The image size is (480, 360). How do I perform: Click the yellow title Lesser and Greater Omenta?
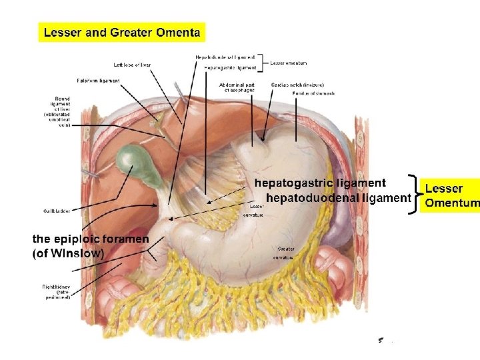[122, 32]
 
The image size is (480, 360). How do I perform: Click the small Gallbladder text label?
[56, 211]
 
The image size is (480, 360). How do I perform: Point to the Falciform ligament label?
[99, 81]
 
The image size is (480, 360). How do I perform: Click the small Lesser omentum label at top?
[289, 63]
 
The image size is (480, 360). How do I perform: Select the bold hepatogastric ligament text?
[320, 183]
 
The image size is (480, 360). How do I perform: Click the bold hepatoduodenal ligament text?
[337, 198]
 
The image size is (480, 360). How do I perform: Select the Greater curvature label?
[283, 253]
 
